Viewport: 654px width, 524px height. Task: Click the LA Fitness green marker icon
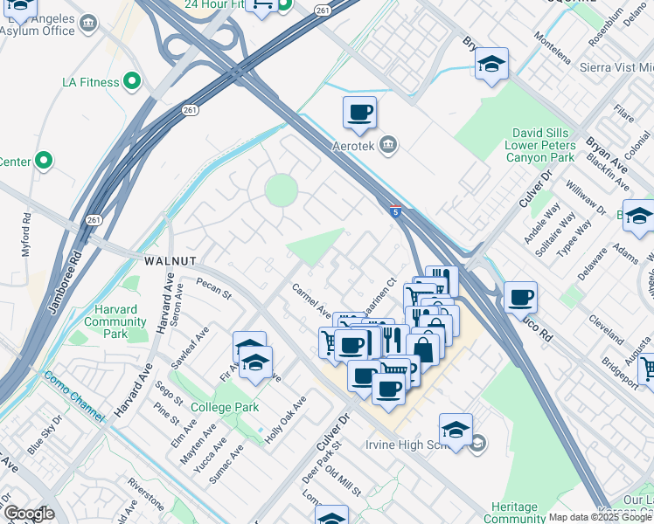(x=132, y=83)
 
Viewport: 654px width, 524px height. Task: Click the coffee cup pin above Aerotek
(x=359, y=112)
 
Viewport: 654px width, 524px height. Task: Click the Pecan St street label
(x=213, y=289)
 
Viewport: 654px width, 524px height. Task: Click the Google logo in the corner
(x=28, y=514)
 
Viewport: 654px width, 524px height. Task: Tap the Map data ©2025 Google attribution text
(x=600, y=517)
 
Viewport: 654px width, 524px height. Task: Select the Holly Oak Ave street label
(x=285, y=422)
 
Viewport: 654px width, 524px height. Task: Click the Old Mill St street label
(x=342, y=481)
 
